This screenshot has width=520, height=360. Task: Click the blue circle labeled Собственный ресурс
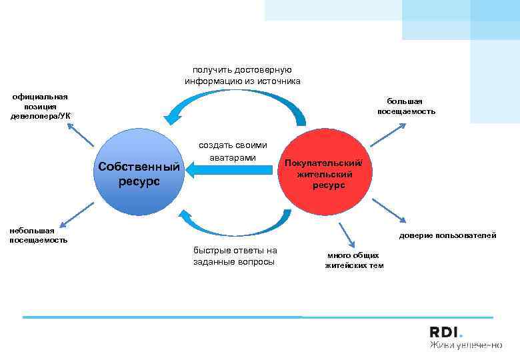pos(139,172)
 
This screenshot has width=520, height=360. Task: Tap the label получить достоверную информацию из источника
pos(243,75)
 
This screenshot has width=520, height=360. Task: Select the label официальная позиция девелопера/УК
pos(39,106)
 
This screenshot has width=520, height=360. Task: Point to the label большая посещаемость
pos(406,106)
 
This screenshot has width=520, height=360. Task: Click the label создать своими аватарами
pos(233,151)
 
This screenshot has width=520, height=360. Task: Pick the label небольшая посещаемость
pos(38,235)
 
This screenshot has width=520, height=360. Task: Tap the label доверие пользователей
pos(447,235)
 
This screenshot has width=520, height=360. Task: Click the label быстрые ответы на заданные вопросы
pos(235,255)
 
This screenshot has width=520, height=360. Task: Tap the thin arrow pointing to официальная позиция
pos(83,134)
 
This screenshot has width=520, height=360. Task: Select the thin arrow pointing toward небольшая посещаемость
pos(75,214)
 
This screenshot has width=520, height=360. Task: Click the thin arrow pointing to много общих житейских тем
pos(346,233)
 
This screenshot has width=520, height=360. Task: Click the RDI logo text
pos(445,332)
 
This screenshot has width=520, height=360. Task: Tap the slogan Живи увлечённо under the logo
pos(465,345)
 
